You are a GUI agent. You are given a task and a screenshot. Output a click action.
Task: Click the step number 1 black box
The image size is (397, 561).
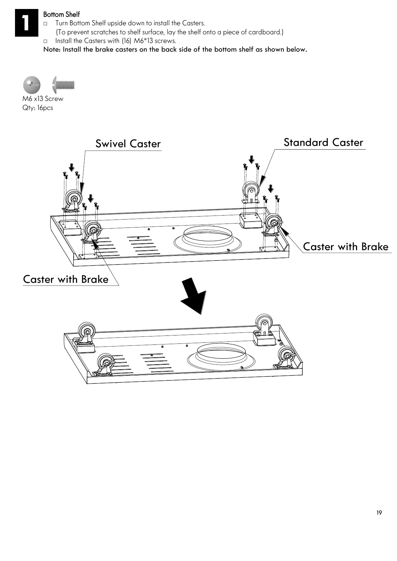coord(26,23)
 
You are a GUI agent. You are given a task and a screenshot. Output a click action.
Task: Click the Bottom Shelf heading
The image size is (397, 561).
coord(61,15)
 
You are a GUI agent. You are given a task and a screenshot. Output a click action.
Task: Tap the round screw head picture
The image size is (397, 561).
coord(32,85)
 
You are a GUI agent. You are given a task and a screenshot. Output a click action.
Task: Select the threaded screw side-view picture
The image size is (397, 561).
coord(64,85)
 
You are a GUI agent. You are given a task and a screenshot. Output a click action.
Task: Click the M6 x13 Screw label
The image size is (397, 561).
coord(43,99)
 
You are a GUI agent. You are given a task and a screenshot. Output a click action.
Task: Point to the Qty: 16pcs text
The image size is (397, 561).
coord(38,108)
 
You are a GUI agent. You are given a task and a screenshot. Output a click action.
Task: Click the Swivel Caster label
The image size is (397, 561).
coord(128,144)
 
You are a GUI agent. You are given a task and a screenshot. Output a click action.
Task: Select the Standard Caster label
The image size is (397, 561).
coord(323,143)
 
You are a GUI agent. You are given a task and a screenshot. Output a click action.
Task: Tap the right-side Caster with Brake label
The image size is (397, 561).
coord(346,247)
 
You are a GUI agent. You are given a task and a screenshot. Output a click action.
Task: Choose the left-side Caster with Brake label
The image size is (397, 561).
coord(66,279)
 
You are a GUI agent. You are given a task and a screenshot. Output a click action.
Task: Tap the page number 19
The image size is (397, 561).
coord(379,513)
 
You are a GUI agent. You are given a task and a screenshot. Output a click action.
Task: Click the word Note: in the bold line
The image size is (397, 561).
coord(52,50)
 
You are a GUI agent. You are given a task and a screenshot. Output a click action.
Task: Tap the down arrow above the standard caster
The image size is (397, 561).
coord(252,160)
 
